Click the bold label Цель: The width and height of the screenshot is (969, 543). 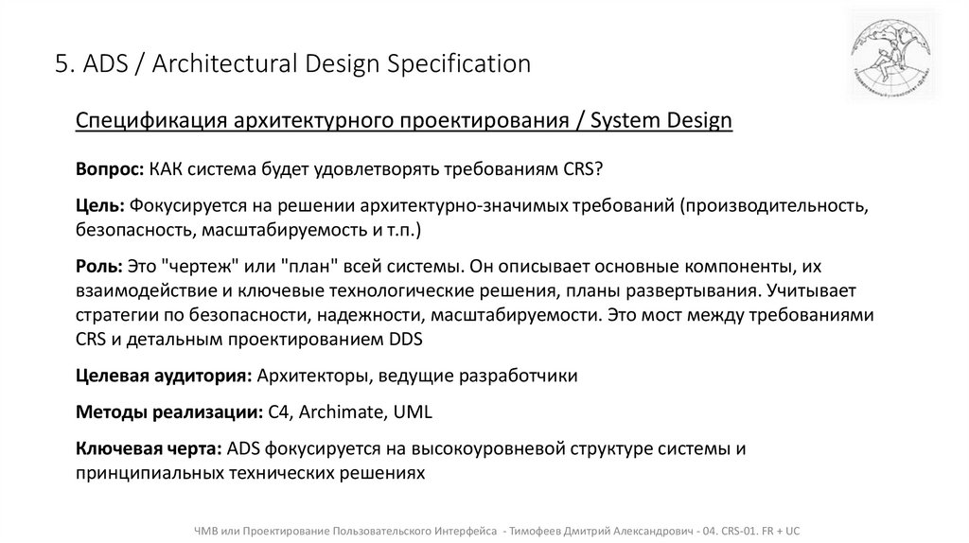[100, 205]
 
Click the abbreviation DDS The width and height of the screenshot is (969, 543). [403, 340]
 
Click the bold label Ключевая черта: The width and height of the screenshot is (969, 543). [150, 448]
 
